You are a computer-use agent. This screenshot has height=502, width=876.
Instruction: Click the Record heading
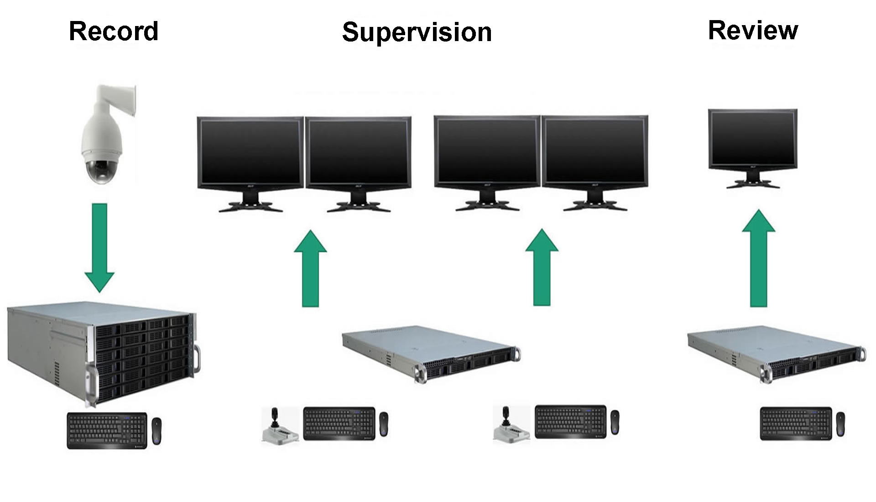point(114,31)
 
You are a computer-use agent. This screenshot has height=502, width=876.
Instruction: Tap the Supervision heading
point(417,32)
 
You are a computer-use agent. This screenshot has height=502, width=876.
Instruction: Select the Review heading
point(753,31)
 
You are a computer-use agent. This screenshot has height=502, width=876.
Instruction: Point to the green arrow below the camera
point(99,247)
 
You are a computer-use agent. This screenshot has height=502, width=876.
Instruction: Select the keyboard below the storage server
point(107,431)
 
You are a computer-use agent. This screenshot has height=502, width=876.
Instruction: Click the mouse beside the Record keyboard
point(156,430)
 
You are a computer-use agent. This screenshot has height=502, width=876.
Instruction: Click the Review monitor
point(752,141)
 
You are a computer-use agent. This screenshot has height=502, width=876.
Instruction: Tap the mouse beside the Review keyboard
point(840,424)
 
